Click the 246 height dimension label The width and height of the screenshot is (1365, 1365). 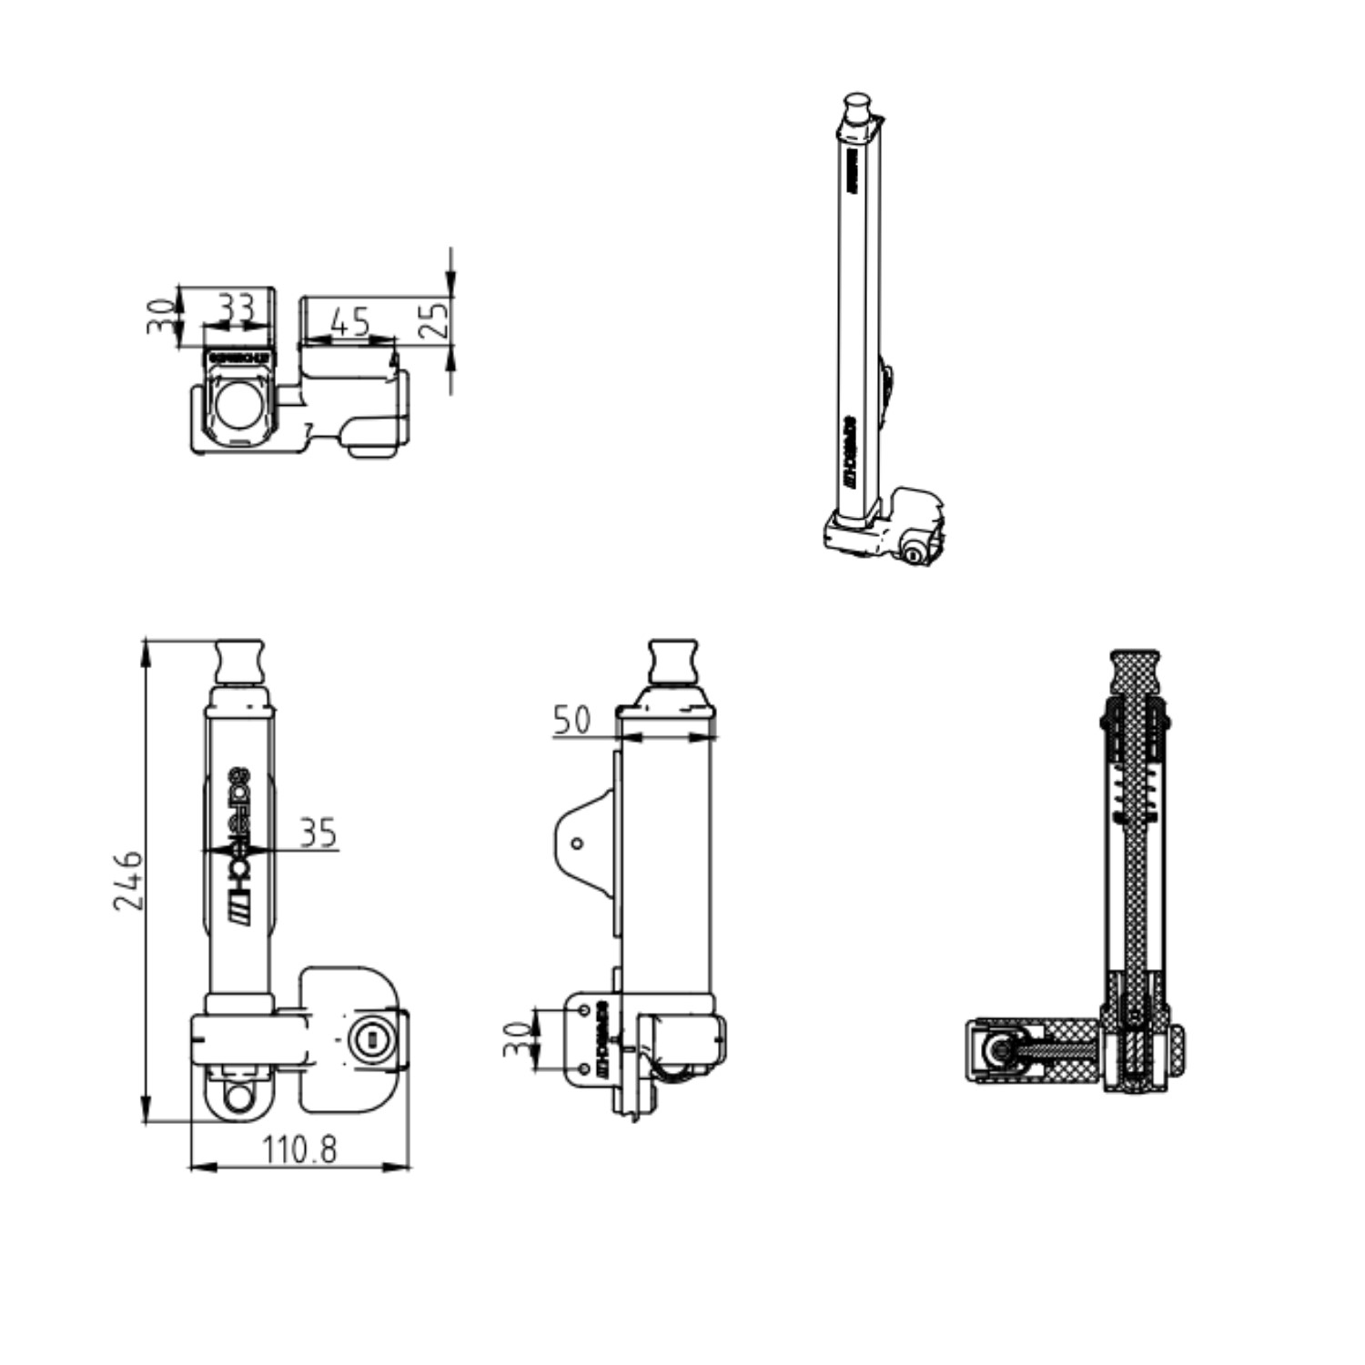click(x=127, y=880)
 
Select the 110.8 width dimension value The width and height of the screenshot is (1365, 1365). click(x=299, y=1150)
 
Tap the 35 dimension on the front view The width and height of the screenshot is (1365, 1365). click(x=318, y=833)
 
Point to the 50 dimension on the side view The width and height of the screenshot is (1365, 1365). click(x=571, y=720)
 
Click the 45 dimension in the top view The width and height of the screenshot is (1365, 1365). click(x=350, y=321)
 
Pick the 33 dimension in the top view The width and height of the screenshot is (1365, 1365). click(x=237, y=308)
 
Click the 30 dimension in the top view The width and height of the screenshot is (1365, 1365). click(x=160, y=316)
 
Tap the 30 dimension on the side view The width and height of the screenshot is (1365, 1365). click(x=517, y=1039)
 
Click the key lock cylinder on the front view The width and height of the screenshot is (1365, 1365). click(x=369, y=1036)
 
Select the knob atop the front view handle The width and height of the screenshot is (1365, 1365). click(x=241, y=662)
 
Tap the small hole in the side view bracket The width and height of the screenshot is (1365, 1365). click(x=577, y=844)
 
